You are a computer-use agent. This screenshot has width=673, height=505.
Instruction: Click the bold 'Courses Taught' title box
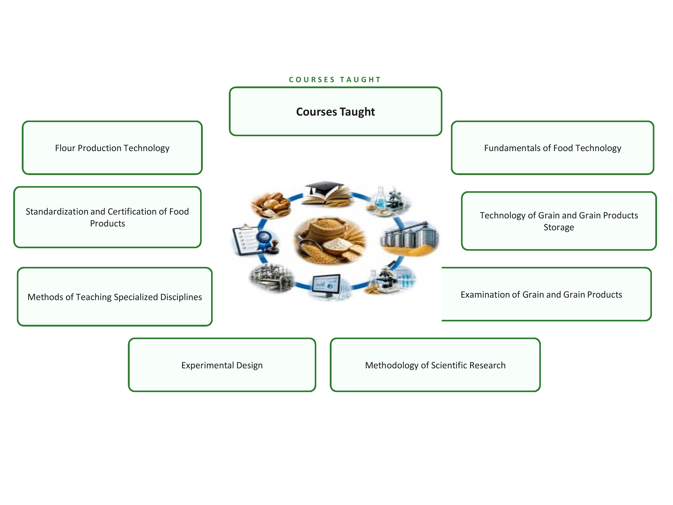tap(335, 111)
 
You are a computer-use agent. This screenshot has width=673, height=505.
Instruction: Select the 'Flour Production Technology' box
tap(112, 148)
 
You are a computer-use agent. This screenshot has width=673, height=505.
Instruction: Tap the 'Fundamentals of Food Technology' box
tap(553, 148)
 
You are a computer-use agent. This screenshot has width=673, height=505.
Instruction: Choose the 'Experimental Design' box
tap(222, 365)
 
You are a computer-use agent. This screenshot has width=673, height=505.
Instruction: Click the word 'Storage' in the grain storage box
tap(559, 227)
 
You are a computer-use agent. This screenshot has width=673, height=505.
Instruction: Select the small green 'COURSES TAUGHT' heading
tap(335, 80)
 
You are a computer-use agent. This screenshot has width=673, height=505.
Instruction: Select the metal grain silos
tap(409, 237)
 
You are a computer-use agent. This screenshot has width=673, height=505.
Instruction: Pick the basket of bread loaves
tap(271, 203)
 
